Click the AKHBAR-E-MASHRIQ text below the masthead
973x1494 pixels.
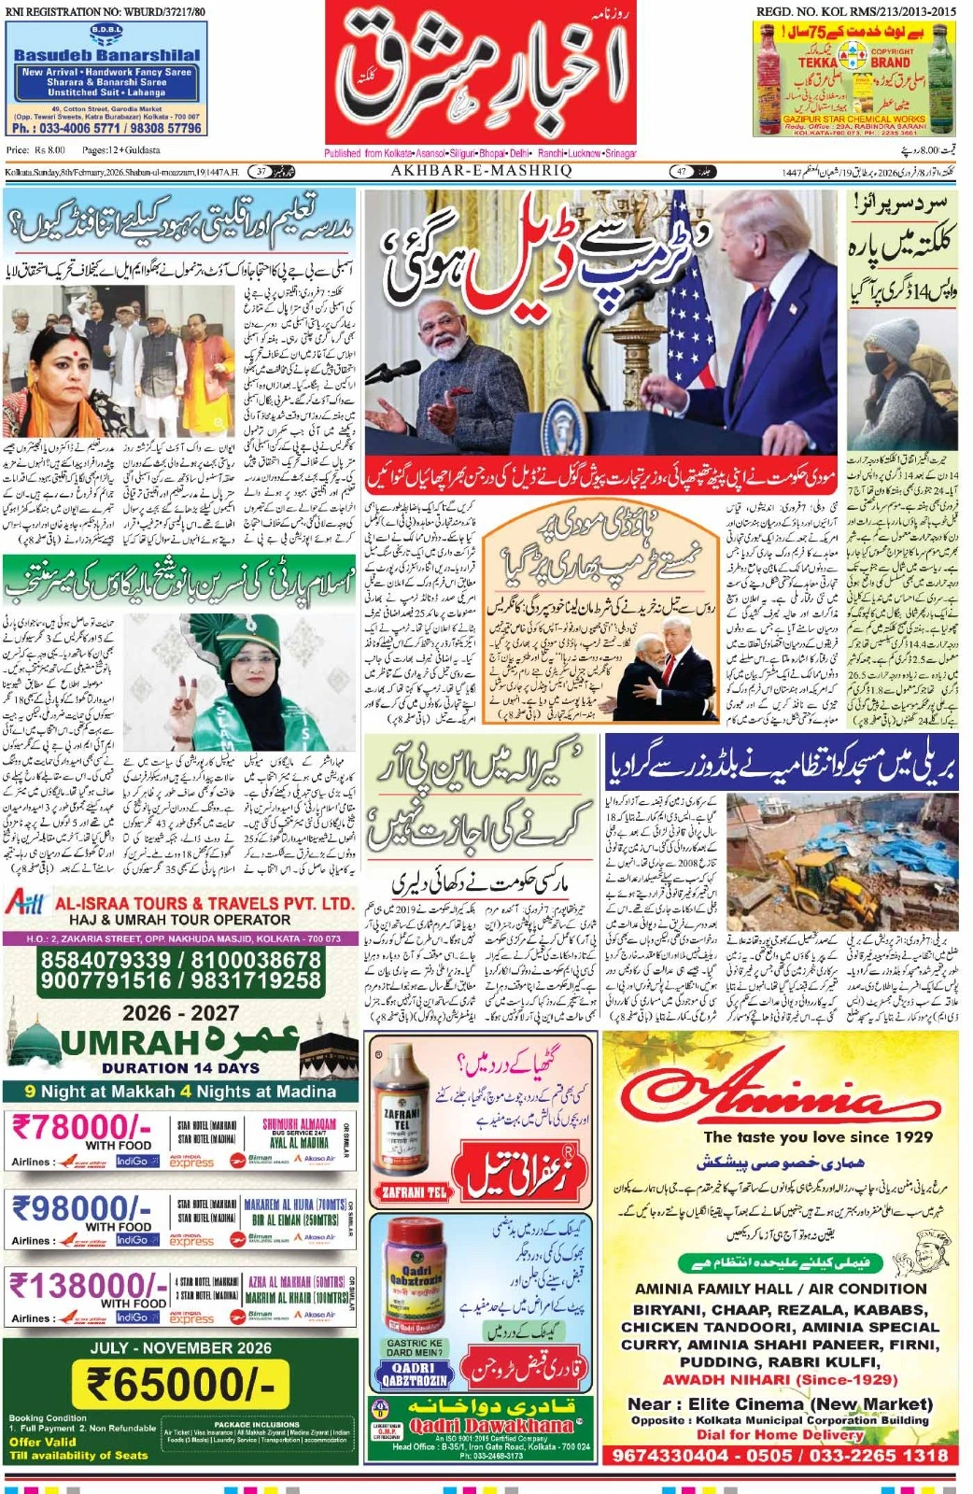(x=481, y=171)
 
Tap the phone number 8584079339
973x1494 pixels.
(x=106, y=960)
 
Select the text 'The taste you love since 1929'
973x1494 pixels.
(x=818, y=1136)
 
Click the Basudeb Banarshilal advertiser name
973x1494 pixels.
(x=106, y=55)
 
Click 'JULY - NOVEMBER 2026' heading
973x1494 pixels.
(x=180, y=1347)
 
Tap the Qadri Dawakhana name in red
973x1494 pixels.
(x=491, y=1426)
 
